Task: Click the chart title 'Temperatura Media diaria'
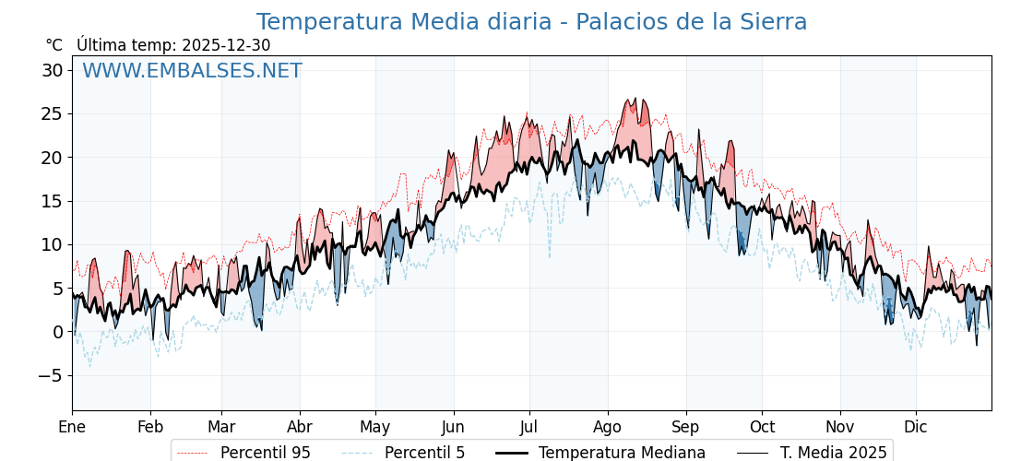point(531,22)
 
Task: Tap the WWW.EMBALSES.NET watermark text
point(192,71)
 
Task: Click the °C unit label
point(54,45)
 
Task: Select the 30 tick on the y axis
point(53,70)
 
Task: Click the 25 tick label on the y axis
point(53,114)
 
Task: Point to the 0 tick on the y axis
point(58,332)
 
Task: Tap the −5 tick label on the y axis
point(51,375)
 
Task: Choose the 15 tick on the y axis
point(53,201)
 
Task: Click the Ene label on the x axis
point(72,427)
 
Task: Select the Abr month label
point(300,427)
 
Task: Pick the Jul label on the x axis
point(529,427)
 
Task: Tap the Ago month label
point(608,427)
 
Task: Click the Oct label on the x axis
point(762,427)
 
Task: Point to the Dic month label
point(916,427)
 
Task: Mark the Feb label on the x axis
point(150,427)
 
